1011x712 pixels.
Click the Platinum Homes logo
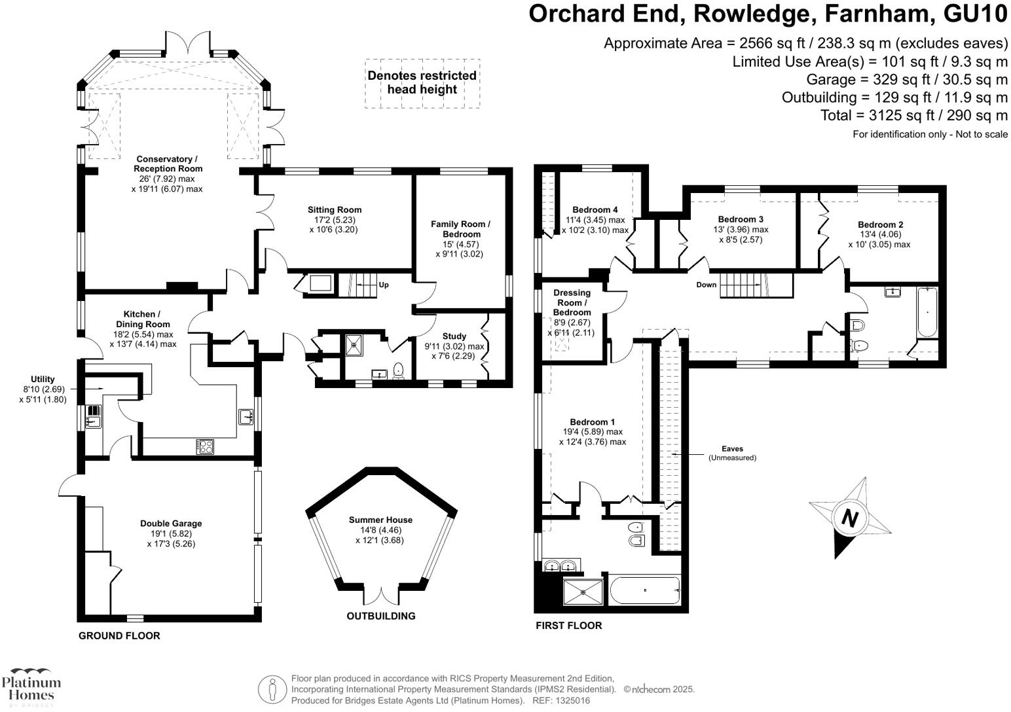pyautogui.click(x=31, y=687)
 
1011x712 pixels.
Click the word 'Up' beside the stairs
pyautogui.click(x=384, y=285)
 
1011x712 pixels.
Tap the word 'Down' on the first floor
pyautogui.click(x=706, y=285)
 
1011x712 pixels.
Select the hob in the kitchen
pyautogui.click(x=206, y=447)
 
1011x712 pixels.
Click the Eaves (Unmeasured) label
pyautogui.click(x=732, y=453)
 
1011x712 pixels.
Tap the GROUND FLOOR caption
pyautogui.click(x=119, y=635)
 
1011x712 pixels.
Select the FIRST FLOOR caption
pyautogui.click(x=568, y=626)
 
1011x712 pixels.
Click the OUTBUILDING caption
pyautogui.click(x=380, y=616)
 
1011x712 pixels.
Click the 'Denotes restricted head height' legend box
pyautogui.click(x=422, y=82)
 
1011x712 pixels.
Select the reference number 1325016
pyautogui.click(x=571, y=700)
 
